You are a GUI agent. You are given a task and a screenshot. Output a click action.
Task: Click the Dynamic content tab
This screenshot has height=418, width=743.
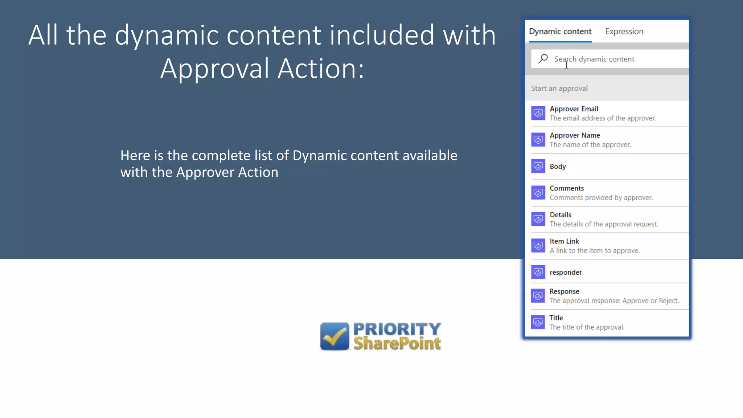pos(560,32)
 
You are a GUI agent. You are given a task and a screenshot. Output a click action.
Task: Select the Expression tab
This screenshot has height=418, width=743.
pos(624,32)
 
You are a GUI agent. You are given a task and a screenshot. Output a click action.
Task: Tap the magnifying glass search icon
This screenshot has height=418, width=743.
pos(543,59)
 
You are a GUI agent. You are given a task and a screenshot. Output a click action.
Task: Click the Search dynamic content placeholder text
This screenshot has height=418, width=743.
pos(594,59)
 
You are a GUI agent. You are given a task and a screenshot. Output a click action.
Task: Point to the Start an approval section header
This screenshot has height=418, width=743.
pos(559,89)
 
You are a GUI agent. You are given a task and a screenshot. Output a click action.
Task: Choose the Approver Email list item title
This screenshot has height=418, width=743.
pos(574,109)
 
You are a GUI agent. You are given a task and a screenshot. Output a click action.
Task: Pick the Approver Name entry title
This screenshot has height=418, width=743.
pos(575,135)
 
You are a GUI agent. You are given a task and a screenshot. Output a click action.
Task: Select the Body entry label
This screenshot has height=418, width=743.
pos(558,167)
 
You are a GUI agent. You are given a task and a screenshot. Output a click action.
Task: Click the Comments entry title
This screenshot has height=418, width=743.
pos(567,188)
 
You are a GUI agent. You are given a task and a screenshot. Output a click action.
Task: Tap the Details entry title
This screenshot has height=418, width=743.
pos(561,215)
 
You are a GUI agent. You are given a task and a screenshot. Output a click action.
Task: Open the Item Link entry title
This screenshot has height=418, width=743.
pos(564,241)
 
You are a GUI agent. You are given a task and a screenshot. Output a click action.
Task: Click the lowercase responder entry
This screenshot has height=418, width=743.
pos(566,272)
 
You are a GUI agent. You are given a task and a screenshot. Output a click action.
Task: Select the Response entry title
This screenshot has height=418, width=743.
pos(564,291)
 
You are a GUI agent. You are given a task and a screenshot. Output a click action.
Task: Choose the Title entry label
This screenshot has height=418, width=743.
pos(556,318)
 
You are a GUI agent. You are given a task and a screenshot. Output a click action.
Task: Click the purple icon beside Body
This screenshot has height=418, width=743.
pos(538,167)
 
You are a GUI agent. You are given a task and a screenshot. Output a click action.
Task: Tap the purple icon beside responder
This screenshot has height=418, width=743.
pos(538,272)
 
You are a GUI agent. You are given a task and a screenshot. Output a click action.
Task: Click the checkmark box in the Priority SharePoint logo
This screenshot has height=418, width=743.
pos(334,336)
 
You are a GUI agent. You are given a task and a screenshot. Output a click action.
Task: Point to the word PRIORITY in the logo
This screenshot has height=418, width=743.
pos(397,329)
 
